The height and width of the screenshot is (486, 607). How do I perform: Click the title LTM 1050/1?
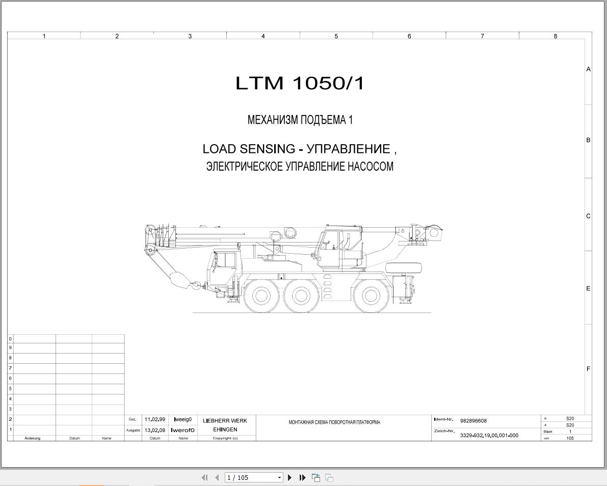click(x=300, y=83)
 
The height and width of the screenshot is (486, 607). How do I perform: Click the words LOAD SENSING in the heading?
click(x=249, y=149)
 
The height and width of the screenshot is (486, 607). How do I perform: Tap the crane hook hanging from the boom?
click(x=196, y=286)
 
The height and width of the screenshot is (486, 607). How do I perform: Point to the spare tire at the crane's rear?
click(x=403, y=268)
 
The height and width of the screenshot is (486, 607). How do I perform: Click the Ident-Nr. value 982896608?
click(x=473, y=421)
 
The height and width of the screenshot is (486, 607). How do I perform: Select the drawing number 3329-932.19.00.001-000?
click(x=489, y=435)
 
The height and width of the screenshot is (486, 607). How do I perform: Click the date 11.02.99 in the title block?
click(x=155, y=419)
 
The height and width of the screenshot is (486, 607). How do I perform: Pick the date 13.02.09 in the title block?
click(x=155, y=430)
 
